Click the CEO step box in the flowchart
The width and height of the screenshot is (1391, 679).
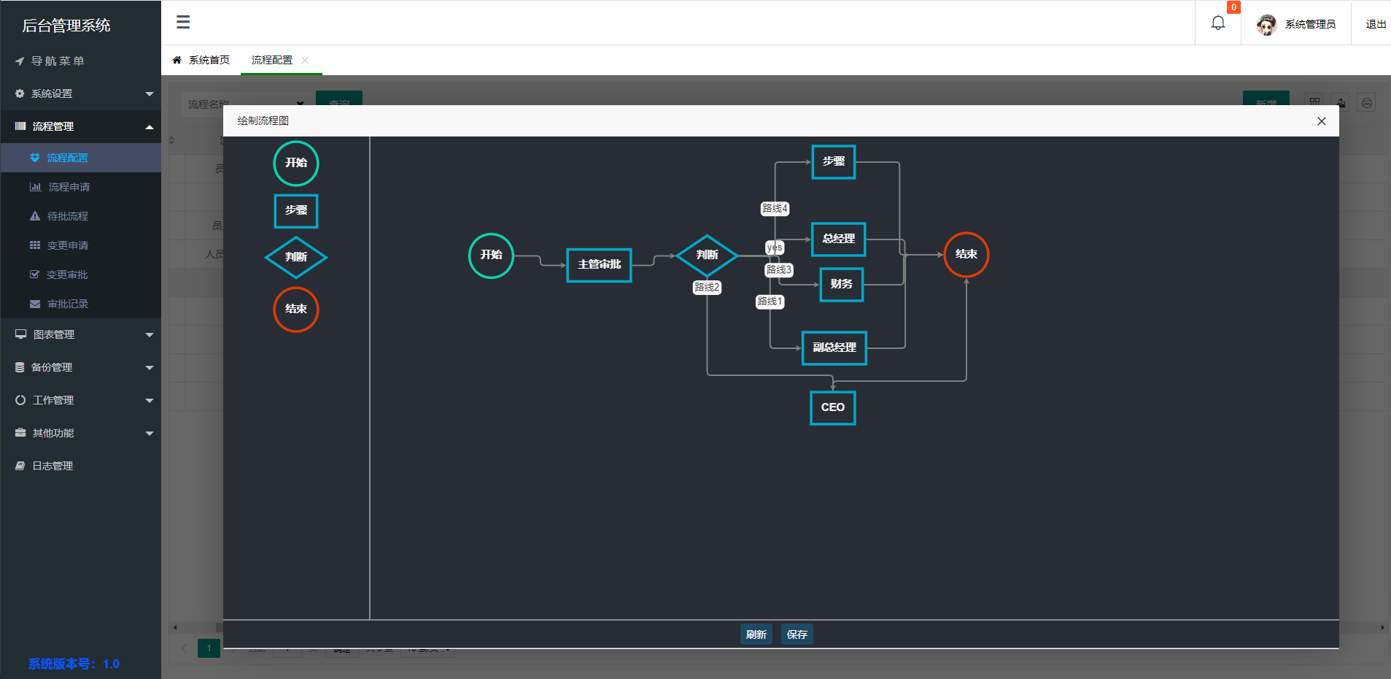[832, 407]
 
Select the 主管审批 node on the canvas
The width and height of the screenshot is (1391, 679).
[599, 264]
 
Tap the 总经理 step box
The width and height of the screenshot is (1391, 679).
[838, 239]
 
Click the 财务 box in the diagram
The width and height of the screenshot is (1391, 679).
[841, 284]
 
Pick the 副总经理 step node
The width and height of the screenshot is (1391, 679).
[834, 348]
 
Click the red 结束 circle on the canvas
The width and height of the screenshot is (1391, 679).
[966, 254]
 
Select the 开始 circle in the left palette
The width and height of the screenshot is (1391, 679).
[295, 163]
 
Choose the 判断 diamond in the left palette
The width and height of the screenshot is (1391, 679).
[295, 257]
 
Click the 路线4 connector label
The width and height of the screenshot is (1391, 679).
[775, 209]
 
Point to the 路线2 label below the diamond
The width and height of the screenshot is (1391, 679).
[707, 287]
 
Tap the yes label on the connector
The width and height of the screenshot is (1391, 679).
[775, 248]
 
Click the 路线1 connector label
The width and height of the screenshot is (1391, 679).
[770, 302]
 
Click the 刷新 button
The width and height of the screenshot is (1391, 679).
[756, 634]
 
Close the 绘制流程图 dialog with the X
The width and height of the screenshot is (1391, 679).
[1321, 121]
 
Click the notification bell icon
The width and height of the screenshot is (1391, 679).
[1218, 23]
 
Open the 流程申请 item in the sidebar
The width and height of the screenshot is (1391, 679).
[69, 187]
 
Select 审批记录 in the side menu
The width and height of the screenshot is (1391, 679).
[67, 304]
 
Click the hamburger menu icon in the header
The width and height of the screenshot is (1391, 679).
[183, 23]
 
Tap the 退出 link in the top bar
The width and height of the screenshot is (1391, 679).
[1376, 24]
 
